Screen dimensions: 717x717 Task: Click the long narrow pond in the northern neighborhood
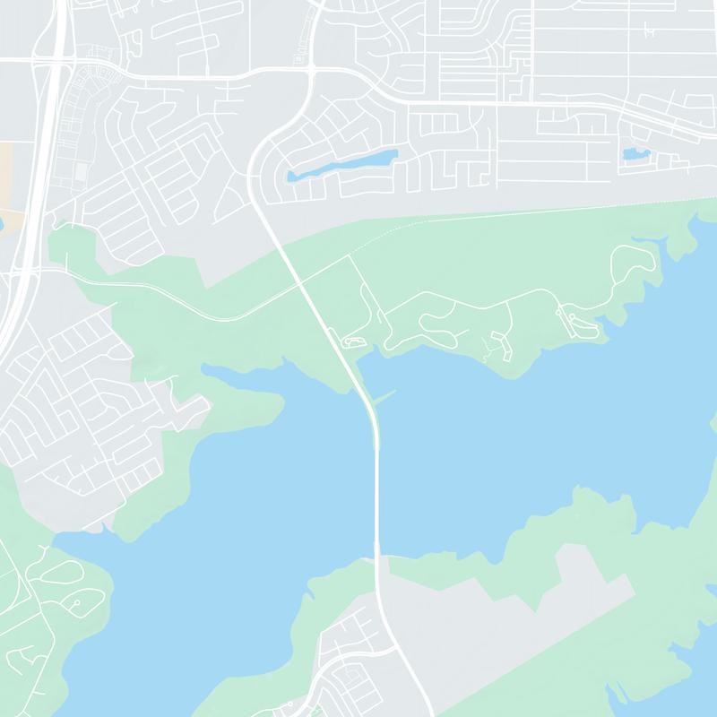pos(341,165)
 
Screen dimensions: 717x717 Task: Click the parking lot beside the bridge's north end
pos(352,342)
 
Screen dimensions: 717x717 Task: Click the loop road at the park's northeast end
pos(632,260)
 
